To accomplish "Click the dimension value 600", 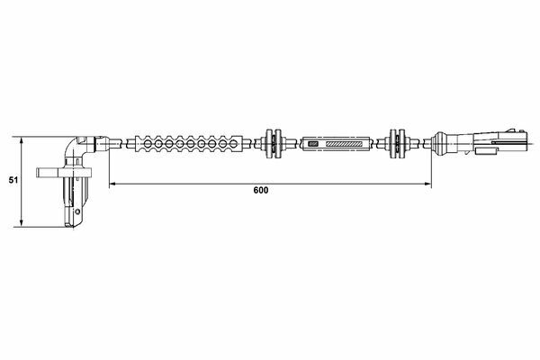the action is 261,190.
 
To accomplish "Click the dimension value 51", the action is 13,179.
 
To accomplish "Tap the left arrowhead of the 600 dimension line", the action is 112,184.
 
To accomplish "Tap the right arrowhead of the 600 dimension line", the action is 428,184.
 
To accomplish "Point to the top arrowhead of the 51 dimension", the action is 22,139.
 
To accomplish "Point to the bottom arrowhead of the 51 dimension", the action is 22,224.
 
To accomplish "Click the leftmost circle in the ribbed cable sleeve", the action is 148,143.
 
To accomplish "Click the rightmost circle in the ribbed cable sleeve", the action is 233,143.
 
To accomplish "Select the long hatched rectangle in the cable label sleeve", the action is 345,143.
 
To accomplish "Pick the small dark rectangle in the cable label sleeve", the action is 313,143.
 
